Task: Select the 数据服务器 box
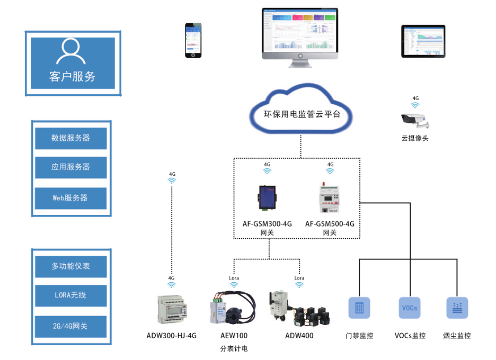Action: click(71, 138)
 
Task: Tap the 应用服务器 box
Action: click(71, 167)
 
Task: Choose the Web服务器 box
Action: click(71, 198)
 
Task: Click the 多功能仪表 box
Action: click(71, 266)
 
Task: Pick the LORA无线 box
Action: click(71, 296)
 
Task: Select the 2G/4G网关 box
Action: click(71, 326)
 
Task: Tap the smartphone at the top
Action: click(193, 40)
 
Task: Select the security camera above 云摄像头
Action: click(415, 121)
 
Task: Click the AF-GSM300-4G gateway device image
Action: click(267, 195)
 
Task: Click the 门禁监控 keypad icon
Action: click(359, 308)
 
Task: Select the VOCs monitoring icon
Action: click(410, 308)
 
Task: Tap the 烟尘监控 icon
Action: click(457, 308)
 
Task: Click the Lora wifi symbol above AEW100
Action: click(234, 285)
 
